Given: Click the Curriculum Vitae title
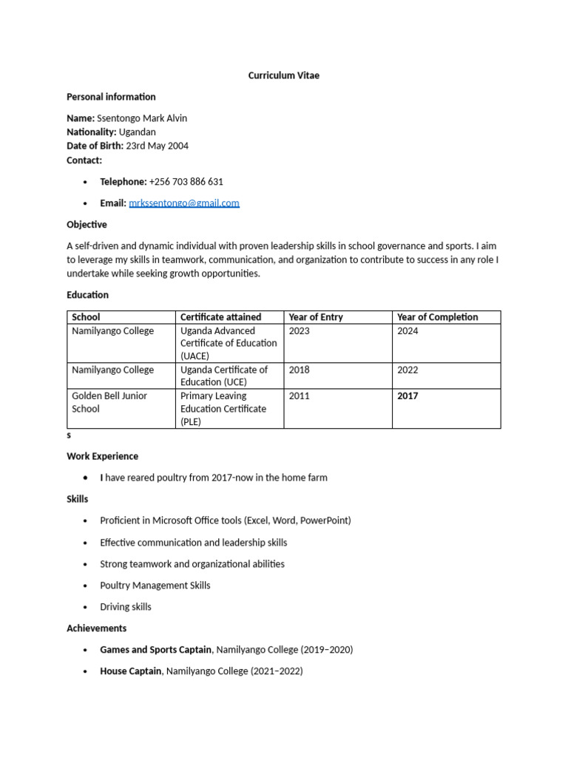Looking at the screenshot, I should pos(284,75).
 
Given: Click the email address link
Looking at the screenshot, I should pos(184,203).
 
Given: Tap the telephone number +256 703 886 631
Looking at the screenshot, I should pos(186,181).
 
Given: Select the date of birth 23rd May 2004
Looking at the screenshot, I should pos(157,146).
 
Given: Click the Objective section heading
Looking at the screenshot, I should pos(87,224).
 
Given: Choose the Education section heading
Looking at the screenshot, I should pos(87,294).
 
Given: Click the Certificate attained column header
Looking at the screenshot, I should pos(220,317).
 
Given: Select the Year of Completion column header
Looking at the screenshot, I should pos(437,317).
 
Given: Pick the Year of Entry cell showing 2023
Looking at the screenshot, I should pos(300,330).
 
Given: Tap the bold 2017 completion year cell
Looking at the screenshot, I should pos(408,396).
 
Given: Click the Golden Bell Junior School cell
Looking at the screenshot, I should pos(109,402).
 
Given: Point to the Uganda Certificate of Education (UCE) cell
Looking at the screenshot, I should pos(223,376).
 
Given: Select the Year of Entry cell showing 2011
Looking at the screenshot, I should pos(300,396).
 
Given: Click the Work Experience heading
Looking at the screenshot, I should pos(102,456).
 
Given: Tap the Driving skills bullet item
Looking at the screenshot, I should pos(126,607).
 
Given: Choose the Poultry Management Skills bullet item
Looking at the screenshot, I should pos(155,585).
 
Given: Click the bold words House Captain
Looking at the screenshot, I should pos(130,671).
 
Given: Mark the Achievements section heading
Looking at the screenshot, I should pos(96,628).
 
